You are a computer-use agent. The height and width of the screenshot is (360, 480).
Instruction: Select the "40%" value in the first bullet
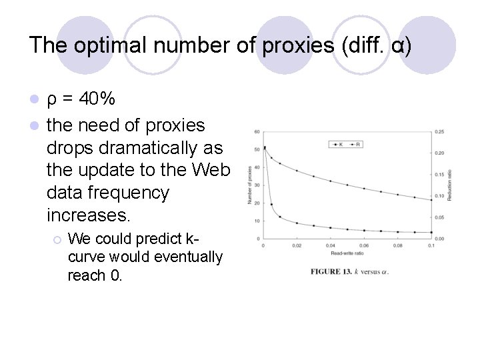pos(97,99)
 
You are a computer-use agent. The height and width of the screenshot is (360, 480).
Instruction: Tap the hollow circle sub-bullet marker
pos(57,239)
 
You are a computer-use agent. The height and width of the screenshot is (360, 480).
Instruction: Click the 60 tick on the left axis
pos(257,131)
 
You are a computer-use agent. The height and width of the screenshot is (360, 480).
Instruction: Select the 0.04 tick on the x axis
pos(331,245)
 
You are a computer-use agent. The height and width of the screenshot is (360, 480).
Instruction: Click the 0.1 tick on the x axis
pos(431,245)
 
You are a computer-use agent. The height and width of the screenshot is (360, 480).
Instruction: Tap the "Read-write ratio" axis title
pos(347,253)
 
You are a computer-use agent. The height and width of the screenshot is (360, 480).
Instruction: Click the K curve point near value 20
pos(271,203)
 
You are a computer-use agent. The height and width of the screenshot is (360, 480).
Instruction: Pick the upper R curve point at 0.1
pos(431,199)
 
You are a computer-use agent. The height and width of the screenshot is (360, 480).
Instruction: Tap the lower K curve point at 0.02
pos(297,223)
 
